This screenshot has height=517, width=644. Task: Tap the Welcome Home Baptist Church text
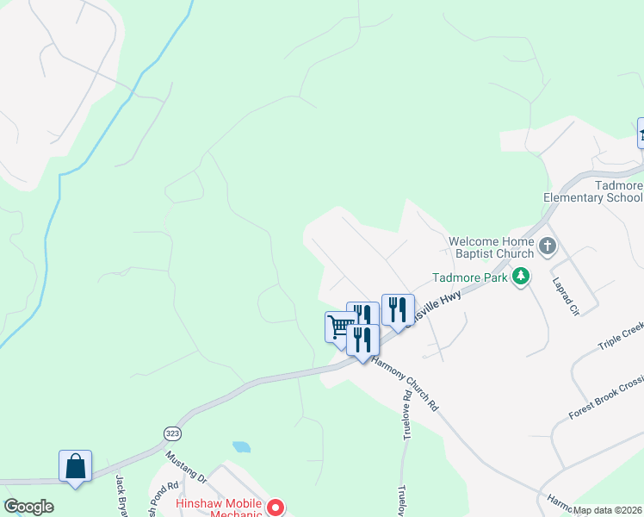[492, 247]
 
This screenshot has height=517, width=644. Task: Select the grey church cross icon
[548, 248]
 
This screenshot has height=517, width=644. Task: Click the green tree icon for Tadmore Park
[520, 277]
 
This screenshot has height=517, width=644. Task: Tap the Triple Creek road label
[620, 337]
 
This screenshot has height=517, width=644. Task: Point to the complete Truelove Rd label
[406, 415]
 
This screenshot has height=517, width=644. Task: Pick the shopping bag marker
[76, 466]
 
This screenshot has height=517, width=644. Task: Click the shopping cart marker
[339, 326]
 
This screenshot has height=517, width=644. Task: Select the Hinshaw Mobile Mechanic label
[218, 508]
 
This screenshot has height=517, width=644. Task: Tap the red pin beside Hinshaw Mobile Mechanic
[276, 508]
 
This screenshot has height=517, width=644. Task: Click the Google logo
[28, 507]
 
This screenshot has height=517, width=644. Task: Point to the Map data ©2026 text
[608, 510]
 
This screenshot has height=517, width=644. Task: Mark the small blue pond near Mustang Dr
[242, 447]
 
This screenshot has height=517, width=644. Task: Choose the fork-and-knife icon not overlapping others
[398, 309]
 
